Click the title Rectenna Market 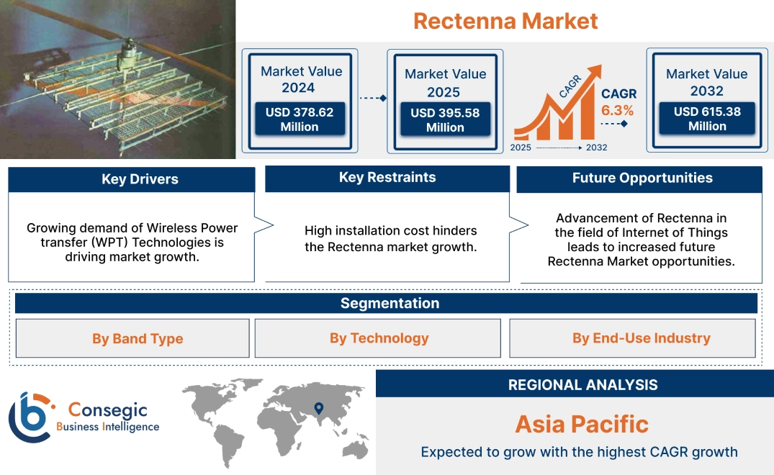pyautogui.click(x=505, y=21)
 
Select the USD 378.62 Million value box pyautogui.click(x=299, y=119)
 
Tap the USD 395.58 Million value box pyautogui.click(x=445, y=120)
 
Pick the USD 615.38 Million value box pyautogui.click(x=706, y=119)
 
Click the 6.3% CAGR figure pyautogui.click(x=618, y=110)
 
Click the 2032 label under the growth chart pyautogui.click(x=596, y=148)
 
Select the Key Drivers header pyautogui.click(x=131, y=179)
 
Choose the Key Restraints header pyautogui.click(x=387, y=178)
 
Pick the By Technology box pyautogui.click(x=379, y=338)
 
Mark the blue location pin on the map pyautogui.click(x=318, y=409)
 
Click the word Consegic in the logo pyautogui.click(x=107, y=410)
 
